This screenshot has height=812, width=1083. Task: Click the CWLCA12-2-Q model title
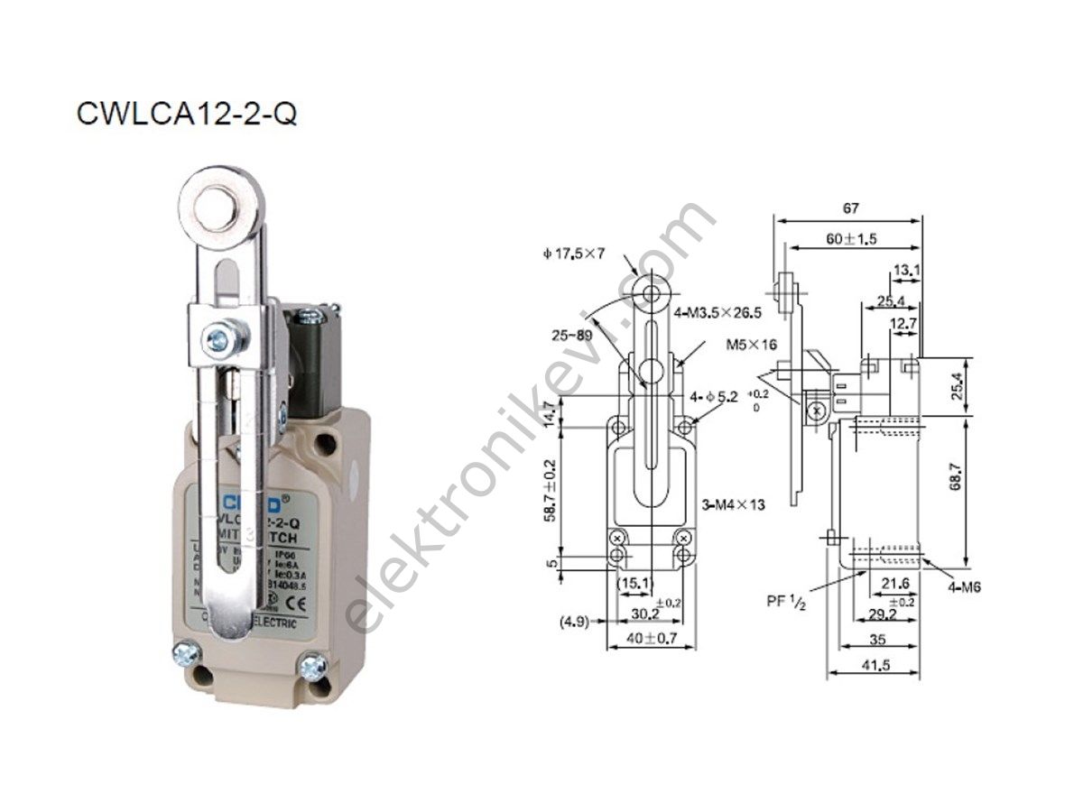[x=187, y=115]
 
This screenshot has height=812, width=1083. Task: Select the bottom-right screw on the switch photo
[x=313, y=667]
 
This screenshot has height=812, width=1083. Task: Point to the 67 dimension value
[x=850, y=208]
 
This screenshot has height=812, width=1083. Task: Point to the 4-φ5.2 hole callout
[x=715, y=396]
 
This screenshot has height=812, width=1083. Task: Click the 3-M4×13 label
[x=733, y=504]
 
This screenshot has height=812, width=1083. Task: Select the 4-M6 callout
[x=963, y=587]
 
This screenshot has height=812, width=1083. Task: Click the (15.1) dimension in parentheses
[x=634, y=585]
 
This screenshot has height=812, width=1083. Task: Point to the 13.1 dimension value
[x=906, y=269]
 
